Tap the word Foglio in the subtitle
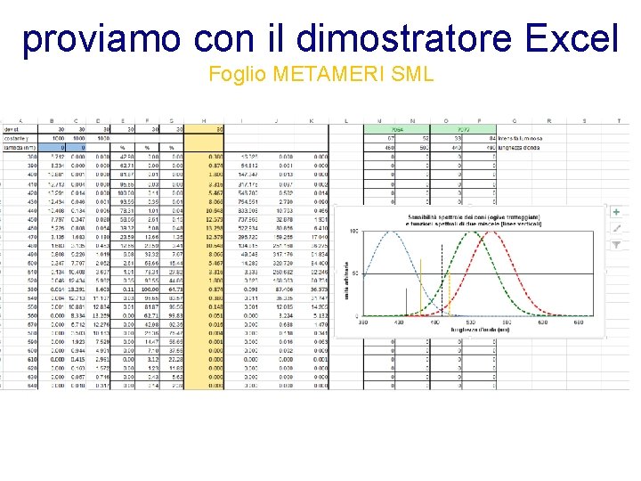(234, 74)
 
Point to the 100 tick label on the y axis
(356, 232)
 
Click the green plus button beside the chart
(616, 212)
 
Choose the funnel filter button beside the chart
(616, 245)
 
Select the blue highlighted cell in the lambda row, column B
(58, 148)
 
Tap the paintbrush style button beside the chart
(616, 228)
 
